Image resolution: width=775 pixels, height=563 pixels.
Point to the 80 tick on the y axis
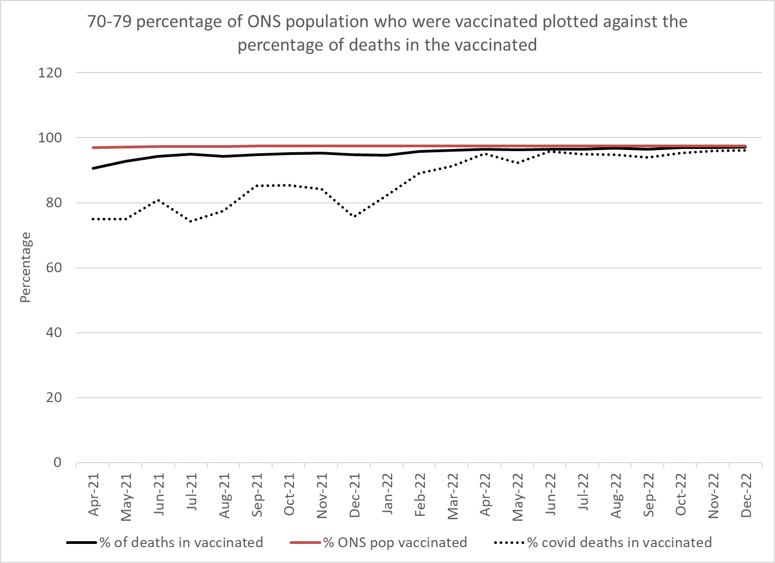pyautogui.click(x=53, y=203)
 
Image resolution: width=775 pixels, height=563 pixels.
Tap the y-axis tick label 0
pyautogui.click(x=57, y=463)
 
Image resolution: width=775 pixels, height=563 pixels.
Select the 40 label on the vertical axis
pyautogui.click(x=53, y=333)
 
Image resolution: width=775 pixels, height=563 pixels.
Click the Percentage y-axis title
pyautogui.click(x=26, y=267)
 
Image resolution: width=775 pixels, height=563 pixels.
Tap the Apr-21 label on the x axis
pyautogui.click(x=94, y=494)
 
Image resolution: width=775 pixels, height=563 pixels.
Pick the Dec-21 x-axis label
pyautogui.click(x=355, y=494)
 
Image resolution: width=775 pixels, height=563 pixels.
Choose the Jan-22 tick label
pyautogui.click(x=387, y=494)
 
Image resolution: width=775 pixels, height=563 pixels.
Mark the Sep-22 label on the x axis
pyautogui.click(x=648, y=494)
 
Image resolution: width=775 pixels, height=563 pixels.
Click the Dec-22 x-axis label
pyautogui.click(x=747, y=494)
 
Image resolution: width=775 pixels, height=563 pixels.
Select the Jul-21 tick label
pyautogui.click(x=191, y=494)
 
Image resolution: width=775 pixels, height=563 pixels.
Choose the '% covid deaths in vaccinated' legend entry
pyautogui.click(x=619, y=542)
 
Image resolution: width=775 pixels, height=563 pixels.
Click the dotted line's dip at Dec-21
pyautogui.click(x=355, y=217)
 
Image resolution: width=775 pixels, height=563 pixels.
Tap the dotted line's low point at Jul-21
pyautogui.click(x=191, y=221)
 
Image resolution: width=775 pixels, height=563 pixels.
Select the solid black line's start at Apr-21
pyautogui.click(x=93, y=168)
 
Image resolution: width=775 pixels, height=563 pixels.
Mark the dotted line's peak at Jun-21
pyautogui.click(x=159, y=200)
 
